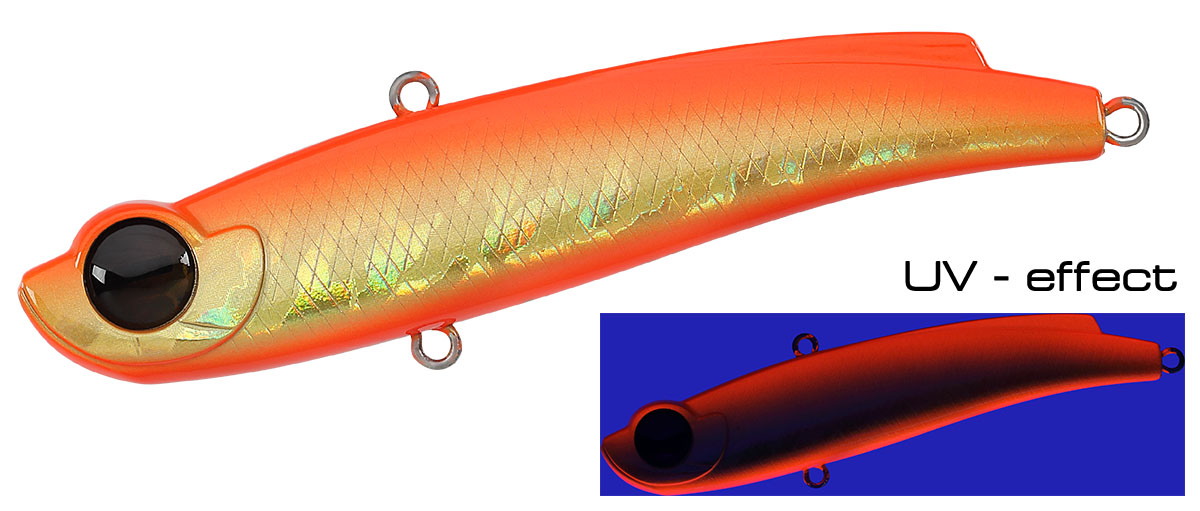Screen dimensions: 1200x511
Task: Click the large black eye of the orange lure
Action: [x=140, y=274]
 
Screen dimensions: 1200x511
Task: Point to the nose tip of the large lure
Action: [x=21, y=285]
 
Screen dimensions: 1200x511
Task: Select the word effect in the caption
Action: [x=1101, y=276]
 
